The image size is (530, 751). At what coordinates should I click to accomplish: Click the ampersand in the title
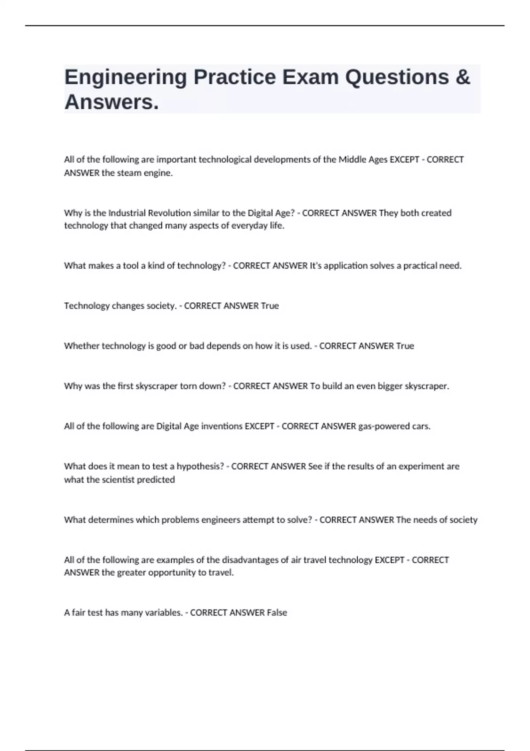[462, 77]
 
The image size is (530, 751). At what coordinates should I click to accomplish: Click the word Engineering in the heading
[126, 78]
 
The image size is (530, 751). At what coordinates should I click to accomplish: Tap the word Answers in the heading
[111, 102]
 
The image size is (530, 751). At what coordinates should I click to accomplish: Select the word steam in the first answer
[129, 173]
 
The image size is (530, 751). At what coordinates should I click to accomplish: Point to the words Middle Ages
[363, 159]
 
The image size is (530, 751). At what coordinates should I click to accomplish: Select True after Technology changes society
[270, 306]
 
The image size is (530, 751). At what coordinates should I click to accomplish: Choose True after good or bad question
[405, 346]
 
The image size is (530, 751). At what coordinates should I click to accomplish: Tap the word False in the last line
[277, 613]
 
